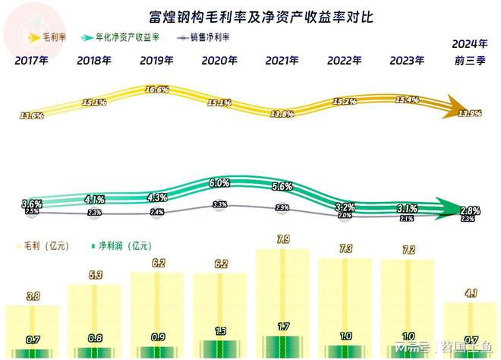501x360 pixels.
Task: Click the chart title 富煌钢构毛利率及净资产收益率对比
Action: click(x=250, y=15)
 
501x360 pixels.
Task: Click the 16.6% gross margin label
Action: click(x=156, y=90)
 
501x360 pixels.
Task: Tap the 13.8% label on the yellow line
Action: click(x=281, y=113)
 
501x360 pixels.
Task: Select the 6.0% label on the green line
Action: click(x=219, y=183)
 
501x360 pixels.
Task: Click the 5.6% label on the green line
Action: click(x=282, y=187)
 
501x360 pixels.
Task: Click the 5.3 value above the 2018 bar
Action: click(x=94, y=276)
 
